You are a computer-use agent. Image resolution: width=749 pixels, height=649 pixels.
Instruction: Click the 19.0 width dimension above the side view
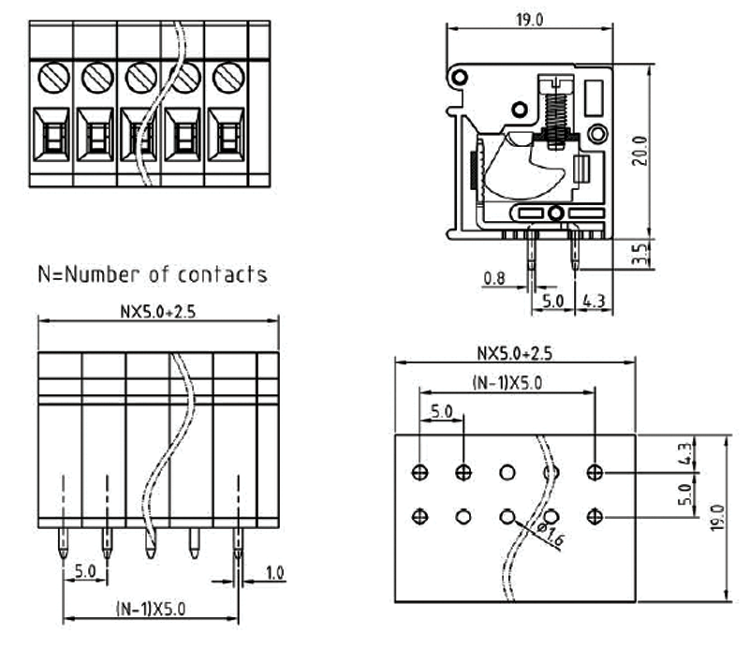click(529, 19)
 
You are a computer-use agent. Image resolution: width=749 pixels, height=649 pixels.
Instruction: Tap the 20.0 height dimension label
click(639, 150)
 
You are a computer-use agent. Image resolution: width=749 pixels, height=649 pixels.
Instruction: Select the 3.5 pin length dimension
click(639, 254)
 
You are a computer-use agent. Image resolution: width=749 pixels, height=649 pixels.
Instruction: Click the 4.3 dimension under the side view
click(592, 302)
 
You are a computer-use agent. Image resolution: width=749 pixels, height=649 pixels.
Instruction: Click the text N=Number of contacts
click(152, 274)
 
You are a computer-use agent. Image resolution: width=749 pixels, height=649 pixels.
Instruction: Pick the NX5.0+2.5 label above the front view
click(158, 312)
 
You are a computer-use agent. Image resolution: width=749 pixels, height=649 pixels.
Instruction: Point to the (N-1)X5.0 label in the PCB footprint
click(507, 382)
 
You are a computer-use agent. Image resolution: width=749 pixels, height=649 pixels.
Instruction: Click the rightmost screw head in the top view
click(227, 77)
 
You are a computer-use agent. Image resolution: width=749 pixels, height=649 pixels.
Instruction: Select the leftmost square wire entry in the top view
click(51, 137)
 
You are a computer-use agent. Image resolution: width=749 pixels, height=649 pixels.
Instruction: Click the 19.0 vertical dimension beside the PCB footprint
click(718, 516)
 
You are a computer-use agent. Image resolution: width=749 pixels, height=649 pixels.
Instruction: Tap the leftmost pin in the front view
click(64, 544)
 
